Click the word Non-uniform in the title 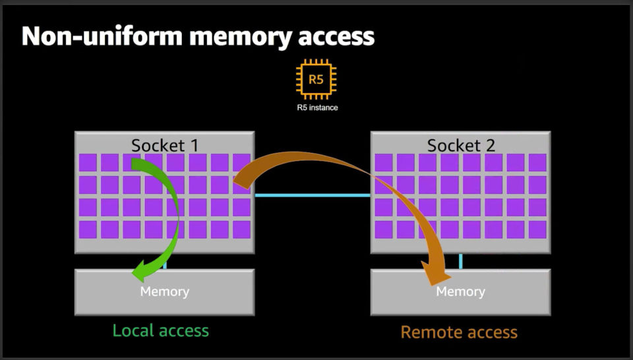(102, 36)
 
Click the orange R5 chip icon (316, 79)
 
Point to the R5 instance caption (317, 107)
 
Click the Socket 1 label (165, 145)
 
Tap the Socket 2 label (461, 145)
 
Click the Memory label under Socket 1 (165, 291)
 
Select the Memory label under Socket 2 (461, 291)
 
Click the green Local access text (161, 330)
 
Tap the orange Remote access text (459, 332)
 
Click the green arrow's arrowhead (143, 271)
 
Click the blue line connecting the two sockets (313, 195)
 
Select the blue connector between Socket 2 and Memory (461, 261)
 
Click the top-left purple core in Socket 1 (88, 163)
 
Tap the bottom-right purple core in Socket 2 (537, 229)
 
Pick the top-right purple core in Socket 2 (537, 163)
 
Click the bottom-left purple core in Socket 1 (88, 229)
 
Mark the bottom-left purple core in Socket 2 (384, 229)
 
